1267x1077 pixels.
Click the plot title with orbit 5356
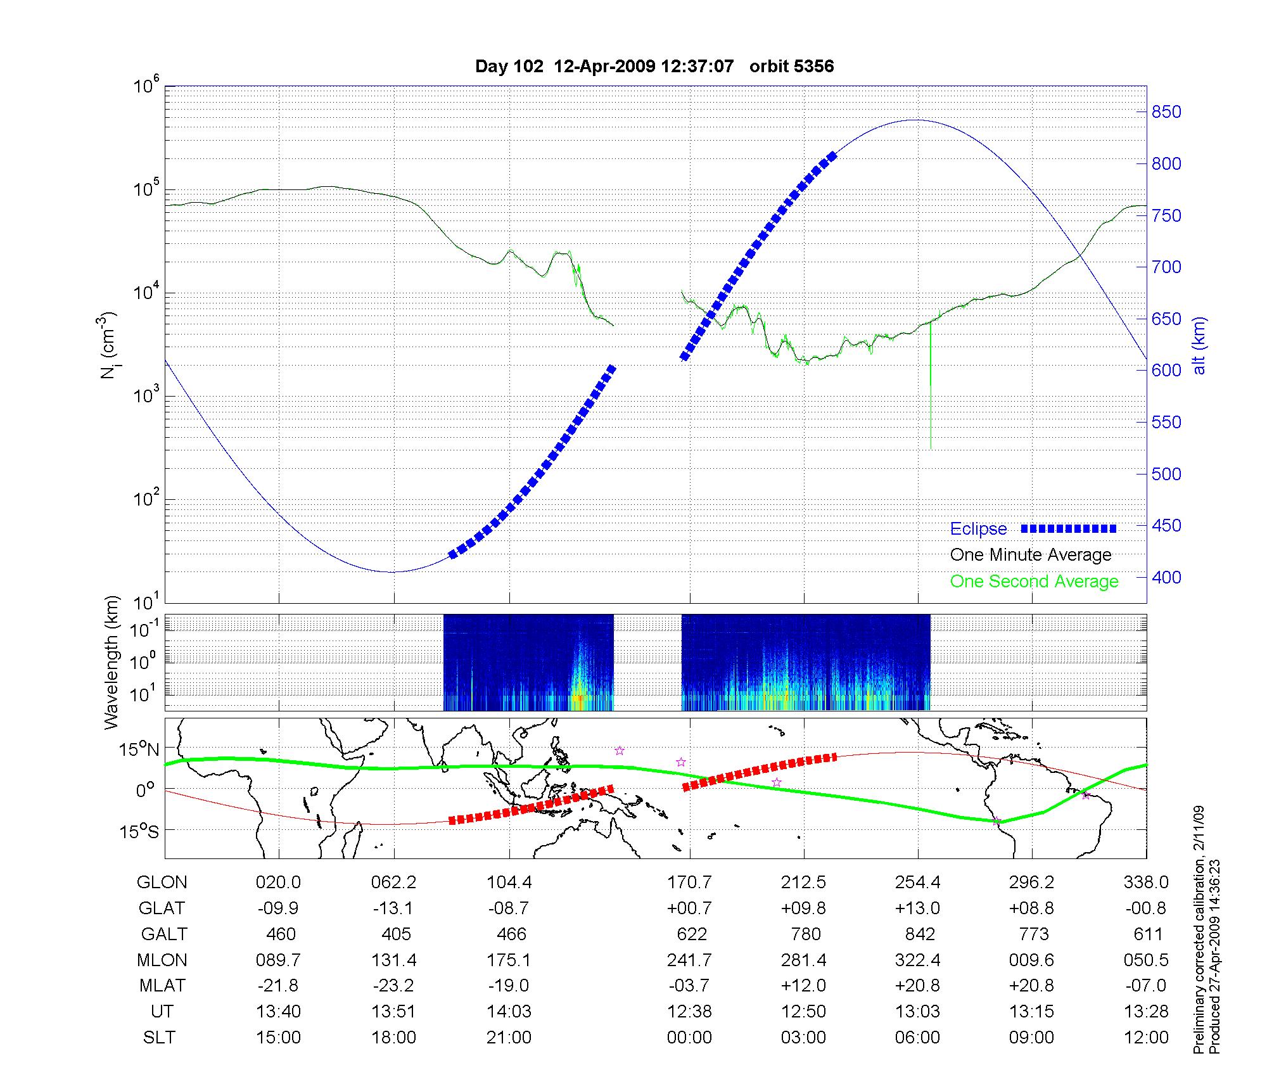pyautogui.click(x=654, y=67)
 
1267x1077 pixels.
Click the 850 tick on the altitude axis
pyautogui.click(x=1166, y=112)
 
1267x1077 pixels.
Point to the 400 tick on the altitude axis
pyautogui.click(x=1166, y=577)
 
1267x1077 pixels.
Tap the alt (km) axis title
pyautogui.click(x=1199, y=345)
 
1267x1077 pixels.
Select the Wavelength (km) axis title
pyautogui.click(x=111, y=662)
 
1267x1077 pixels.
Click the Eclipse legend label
pyautogui.click(x=978, y=529)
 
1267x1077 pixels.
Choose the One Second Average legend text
pyautogui.click(x=1034, y=582)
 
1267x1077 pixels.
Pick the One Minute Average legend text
pyautogui.click(x=1031, y=555)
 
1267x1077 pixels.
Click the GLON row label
pyautogui.click(x=162, y=882)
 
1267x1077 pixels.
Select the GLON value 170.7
pyautogui.click(x=689, y=882)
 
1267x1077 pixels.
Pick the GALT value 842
pyautogui.click(x=919, y=934)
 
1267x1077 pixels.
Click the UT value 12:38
pyautogui.click(x=689, y=1011)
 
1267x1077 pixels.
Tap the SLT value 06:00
pyautogui.click(x=917, y=1037)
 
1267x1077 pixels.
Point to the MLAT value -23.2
pyautogui.click(x=393, y=986)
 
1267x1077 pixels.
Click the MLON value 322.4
pyautogui.click(x=917, y=960)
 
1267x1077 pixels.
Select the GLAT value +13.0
pyautogui.click(x=917, y=908)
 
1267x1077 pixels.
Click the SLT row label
pyautogui.click(x=159, y=1037)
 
